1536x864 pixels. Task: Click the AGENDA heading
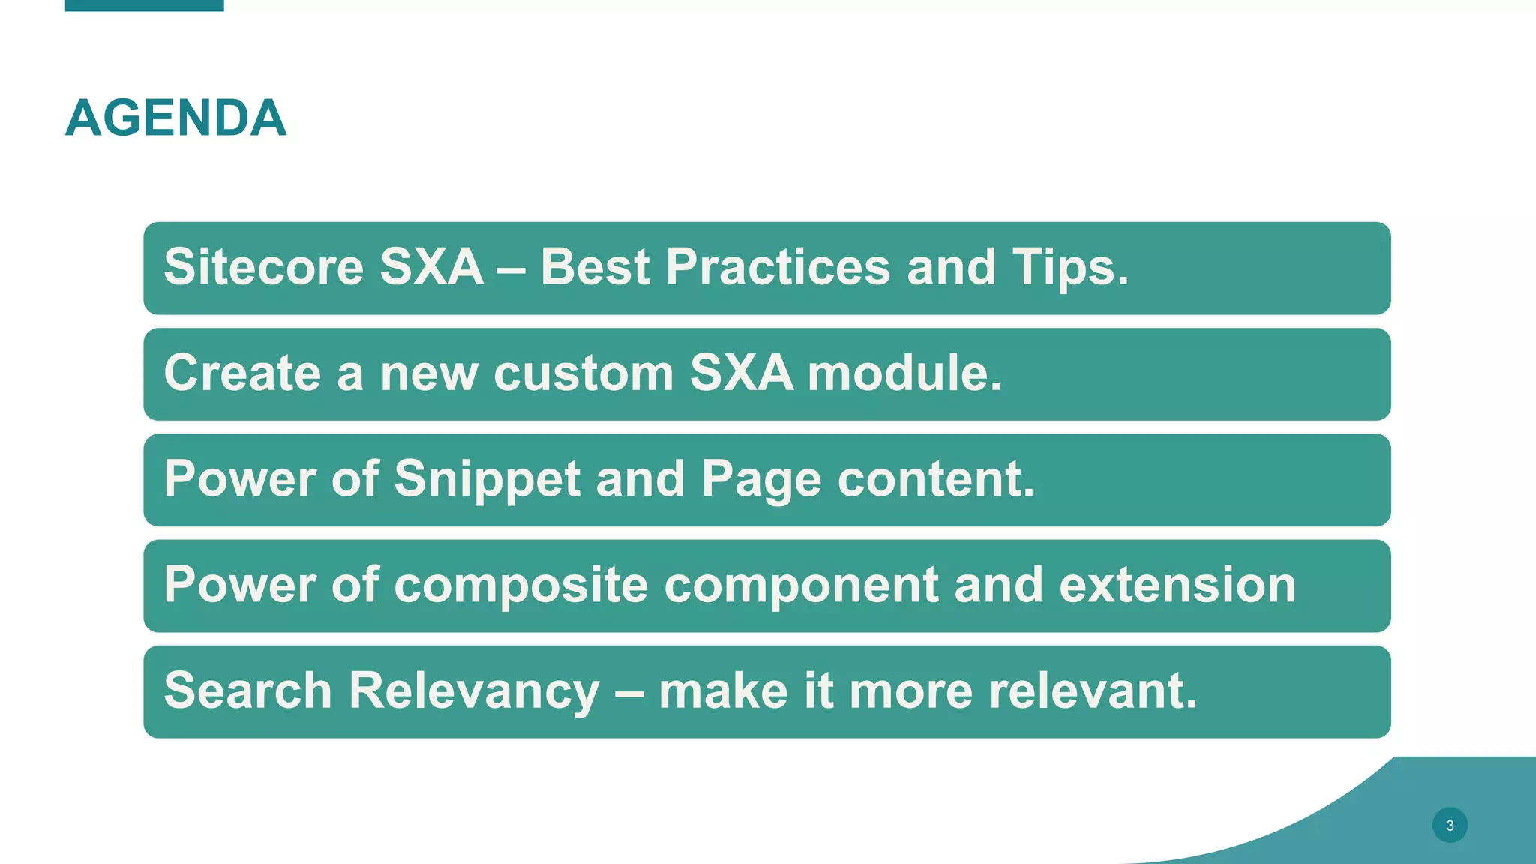click(176, 118)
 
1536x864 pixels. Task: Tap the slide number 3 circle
click(1449, 825)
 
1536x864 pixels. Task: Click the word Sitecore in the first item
click(262, 267)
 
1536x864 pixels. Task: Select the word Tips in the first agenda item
click(1069, 267)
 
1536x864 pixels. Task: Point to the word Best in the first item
click(595, 267)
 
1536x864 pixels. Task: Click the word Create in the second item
click(241, 373)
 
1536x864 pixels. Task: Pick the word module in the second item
click(904, 373)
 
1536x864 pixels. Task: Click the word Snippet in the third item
click(487, 479)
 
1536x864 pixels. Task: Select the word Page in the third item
click(760, 479)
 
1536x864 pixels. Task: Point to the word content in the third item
click(935, 479)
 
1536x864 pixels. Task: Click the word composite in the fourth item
click(520, 585)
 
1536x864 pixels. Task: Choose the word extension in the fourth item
click(1177, 585)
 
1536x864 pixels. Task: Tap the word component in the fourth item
click(800, 585)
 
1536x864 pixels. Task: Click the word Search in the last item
click(247, 691)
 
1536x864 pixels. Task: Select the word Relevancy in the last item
click(474, 691)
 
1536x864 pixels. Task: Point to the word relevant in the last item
click(1092, 691)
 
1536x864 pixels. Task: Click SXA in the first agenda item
click(431, 267)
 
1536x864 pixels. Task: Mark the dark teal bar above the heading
click(144, 5)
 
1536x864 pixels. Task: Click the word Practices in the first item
click(777, 267)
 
